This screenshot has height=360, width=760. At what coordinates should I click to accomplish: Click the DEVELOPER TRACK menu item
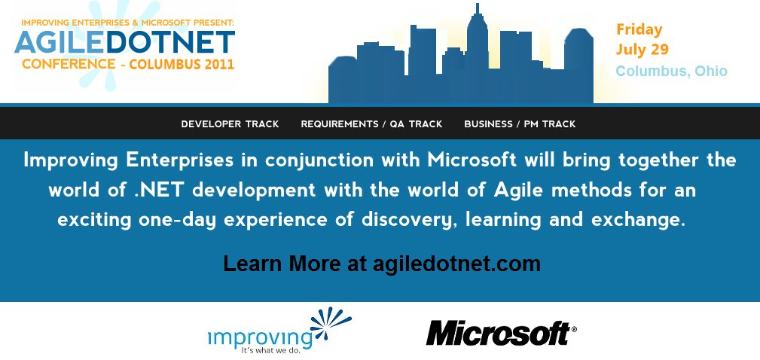tap(230, 124)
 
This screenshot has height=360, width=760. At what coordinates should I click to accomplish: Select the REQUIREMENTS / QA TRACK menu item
tap(371, 124)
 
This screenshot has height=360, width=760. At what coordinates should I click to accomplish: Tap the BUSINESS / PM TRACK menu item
tap(520, 124)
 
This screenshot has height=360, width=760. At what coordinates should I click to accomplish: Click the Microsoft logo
tap(501, 333)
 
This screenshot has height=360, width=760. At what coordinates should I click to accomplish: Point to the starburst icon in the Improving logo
tap(331, 322)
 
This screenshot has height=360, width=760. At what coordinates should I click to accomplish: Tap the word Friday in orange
tap(639, 29)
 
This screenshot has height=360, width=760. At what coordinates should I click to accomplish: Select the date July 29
tap(642, 50)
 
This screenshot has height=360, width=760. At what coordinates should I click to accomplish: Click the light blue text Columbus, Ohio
tap(671, 71)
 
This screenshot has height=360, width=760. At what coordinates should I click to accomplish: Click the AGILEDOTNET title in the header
tap(124, 42)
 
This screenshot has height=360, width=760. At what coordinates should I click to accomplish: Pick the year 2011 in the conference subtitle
tap(218, 64)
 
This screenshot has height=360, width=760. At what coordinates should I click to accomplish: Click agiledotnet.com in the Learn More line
tap(456, 264)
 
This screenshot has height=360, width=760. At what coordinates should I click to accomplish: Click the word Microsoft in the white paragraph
tap(471, 160)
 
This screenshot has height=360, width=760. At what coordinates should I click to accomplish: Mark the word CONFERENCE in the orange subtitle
tap(69, 64)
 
